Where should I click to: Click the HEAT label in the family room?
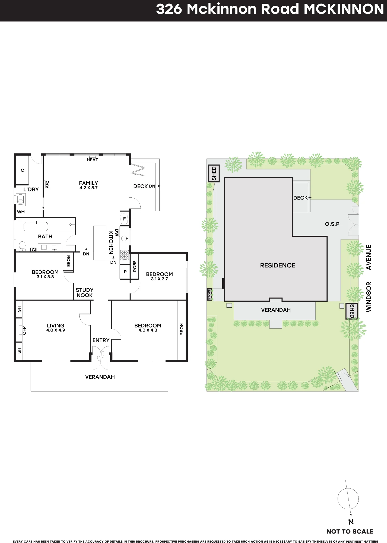pos(92,160)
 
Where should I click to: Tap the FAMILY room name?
pos(88,183)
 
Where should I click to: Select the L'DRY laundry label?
pos(31,190)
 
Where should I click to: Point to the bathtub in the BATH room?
pos(36,226)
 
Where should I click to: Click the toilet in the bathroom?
pos(22,246)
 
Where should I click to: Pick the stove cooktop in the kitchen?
pos(124,255)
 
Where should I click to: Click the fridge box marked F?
pos(125,219)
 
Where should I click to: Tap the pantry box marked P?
pos(125,271)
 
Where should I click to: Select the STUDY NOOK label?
pos(85,293)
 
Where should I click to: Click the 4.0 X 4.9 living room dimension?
pos(56,330)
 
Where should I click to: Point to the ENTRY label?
pos(101,340)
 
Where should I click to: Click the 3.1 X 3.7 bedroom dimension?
pos(159,279)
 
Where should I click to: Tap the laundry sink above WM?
pos(21,200)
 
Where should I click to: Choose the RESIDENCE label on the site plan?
pos(278,266)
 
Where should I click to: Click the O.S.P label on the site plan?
pos(332,224)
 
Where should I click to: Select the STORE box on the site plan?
pos(209,294)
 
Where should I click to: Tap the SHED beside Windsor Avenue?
pos(352,311)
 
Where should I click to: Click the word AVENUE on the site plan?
pos(369,257)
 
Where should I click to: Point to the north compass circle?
pos(348,499)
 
